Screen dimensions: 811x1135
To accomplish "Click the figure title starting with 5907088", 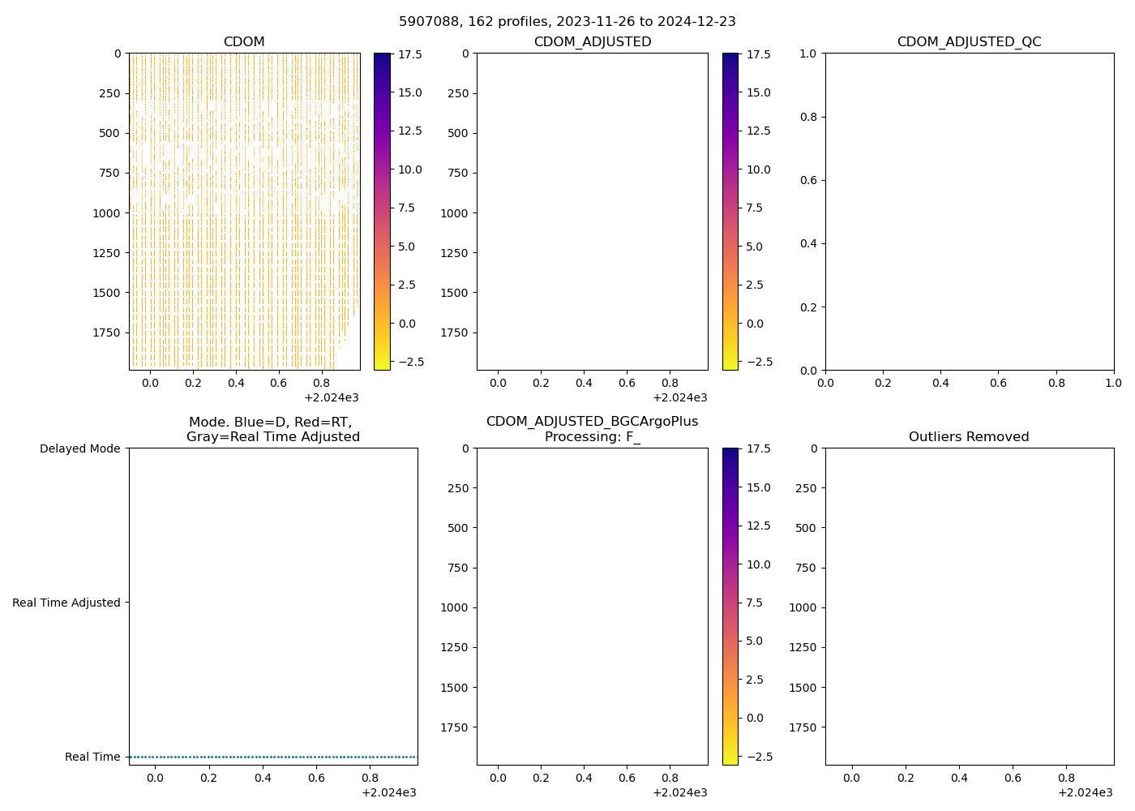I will (567, 22).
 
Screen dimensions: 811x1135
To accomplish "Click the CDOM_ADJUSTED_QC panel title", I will (969, 42).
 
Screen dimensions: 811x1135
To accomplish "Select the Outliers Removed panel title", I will (969, 437).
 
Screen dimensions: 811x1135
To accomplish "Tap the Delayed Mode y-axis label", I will (79, 448).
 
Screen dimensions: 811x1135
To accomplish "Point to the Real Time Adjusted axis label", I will (66, 603).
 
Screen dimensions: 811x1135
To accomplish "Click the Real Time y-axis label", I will (92, 757).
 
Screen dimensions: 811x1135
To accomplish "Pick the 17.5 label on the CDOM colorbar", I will (409, 54).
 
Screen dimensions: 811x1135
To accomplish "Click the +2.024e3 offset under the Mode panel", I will (389, 792).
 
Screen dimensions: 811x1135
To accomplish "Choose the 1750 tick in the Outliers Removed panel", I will (803, 727).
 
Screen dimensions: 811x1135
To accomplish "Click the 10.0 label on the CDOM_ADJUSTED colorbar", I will (758, 169).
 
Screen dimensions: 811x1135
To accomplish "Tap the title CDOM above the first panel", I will (244, 42).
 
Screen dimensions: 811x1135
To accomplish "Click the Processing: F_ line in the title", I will (592, 437).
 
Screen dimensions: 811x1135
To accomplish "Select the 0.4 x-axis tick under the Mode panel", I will (263, 777).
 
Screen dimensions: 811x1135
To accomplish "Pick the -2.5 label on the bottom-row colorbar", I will (755, 756).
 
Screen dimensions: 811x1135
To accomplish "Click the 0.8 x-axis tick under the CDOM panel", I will (322, 382).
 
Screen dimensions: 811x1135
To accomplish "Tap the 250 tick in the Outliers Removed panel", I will (806, 488).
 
